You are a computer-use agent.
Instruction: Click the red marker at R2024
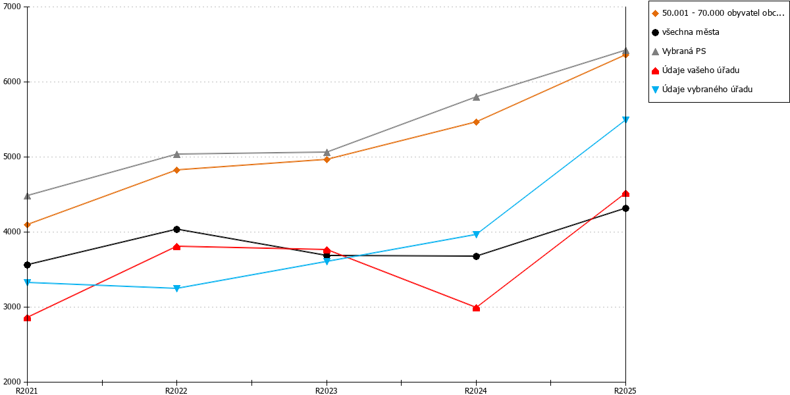[x=476, y=308]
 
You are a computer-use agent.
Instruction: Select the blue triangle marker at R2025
[x=625, y=120]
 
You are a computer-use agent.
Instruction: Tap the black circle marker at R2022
[x=177, y=229]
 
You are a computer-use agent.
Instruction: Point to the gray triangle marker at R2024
[x=476, y=97]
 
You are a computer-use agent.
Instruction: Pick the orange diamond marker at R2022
[x=177, y=170]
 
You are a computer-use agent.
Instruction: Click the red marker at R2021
[x=28, y=318]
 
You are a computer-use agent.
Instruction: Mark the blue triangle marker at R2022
[x=177, y=288]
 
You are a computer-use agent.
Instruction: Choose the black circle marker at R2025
[x=625, y=209]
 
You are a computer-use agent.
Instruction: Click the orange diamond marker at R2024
[x=476, y=122]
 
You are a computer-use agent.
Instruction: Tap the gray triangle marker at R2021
[x=28, y=196]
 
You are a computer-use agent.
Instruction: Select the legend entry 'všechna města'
[x=685, y=32]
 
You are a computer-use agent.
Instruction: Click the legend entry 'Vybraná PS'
[x=679, y=51]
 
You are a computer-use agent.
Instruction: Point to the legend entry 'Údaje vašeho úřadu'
[x=695, y=70]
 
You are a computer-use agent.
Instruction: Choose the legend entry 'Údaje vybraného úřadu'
[x=702, y=90]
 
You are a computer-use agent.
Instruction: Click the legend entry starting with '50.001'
[x=718, y=13]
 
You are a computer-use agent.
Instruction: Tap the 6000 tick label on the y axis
[x=13, y=82]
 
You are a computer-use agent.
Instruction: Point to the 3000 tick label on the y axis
[x=13, y=307]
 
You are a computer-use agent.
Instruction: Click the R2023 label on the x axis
[x=327, y=391]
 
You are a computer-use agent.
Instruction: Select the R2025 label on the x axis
[x=625, y=391]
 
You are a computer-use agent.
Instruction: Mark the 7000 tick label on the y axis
[x=13, y=7]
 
